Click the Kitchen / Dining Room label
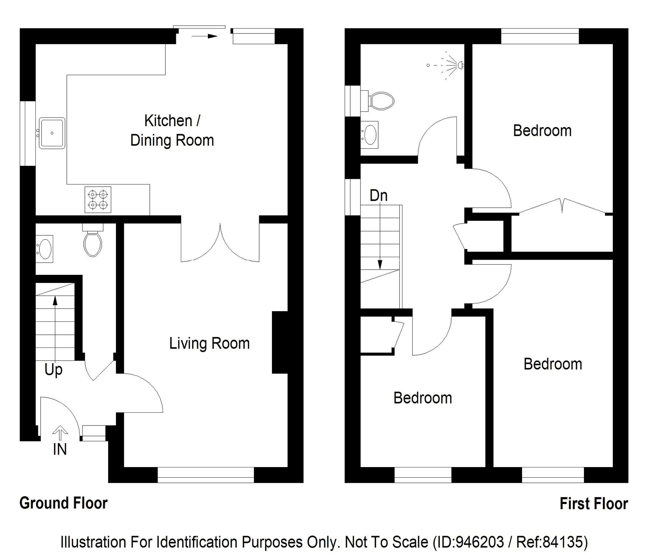tap(172, 130)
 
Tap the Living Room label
tap(209, 343)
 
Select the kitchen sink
tap(52, 133)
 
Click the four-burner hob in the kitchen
tap(98, 200)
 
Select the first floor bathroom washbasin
tap(370, 134)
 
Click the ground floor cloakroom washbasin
tap(45, 249)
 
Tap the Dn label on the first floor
tap(379, 196)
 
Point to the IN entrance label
tap(60, 449)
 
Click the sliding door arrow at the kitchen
tap(204, 36)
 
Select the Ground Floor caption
tap(63, 503)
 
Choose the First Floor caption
tap(594, 504)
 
